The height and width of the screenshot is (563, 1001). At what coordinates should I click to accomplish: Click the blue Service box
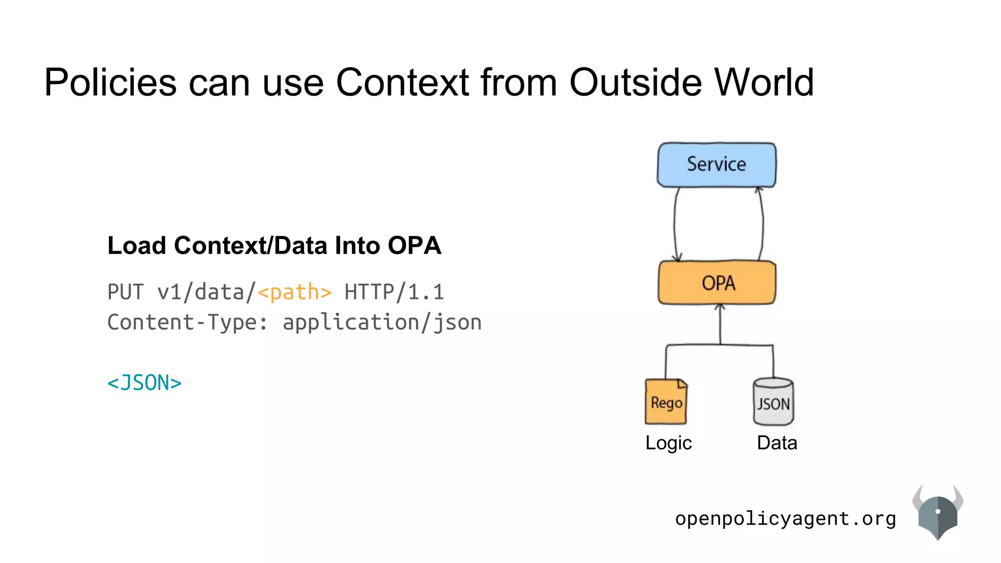[716, 165]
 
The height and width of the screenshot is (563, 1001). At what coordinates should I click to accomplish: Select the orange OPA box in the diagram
[717, 283]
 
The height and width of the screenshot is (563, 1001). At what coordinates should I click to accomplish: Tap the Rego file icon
[666, 402]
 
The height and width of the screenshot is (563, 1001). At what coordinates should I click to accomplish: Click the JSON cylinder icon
[773, 402]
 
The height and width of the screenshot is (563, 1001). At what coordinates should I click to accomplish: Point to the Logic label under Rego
[668, 443]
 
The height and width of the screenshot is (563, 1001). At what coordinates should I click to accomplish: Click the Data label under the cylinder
[777, 443]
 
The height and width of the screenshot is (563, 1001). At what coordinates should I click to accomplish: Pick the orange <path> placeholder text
[294, 292]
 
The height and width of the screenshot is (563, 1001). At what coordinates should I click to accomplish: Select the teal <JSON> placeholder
[144, 383]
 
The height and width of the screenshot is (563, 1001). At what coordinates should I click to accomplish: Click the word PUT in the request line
[126, 292]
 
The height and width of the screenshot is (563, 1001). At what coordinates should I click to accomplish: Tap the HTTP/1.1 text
[394, 292]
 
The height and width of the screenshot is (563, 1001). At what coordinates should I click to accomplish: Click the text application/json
[382, 323]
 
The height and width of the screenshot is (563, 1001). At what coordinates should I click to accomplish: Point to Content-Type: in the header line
[188, 323]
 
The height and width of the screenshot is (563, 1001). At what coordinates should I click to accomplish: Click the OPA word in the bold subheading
[414, 245]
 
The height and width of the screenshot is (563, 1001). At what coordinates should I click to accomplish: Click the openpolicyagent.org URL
[785, 519]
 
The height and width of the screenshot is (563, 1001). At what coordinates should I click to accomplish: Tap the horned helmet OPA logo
[937, 512]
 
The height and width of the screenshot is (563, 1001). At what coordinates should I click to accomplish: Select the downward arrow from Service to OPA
[675, 225]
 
